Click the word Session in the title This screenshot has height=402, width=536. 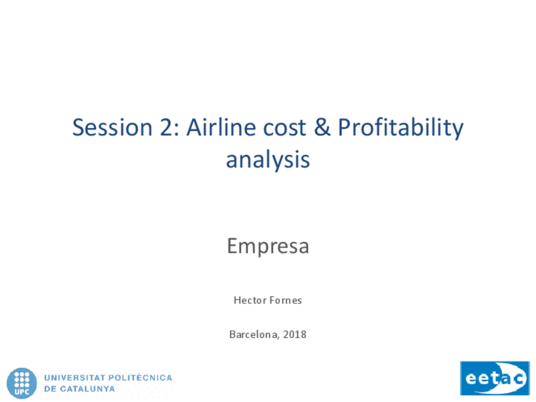click(113, 127)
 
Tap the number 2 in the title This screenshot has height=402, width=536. click(166, 127)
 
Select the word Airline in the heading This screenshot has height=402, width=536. click(221, 127)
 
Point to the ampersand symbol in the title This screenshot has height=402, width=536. click(322, 127)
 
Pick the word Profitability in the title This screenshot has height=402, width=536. click(401, 129)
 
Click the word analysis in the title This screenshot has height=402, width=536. click(268, 161)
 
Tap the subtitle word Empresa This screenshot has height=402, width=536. click(268, 247)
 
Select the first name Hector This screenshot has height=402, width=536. click(250, 300)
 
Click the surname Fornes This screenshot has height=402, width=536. click(286, 300)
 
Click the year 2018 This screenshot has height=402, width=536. click(295, 334)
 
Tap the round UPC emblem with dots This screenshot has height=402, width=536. click(21, 383)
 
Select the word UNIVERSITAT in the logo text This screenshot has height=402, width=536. click(75, 378)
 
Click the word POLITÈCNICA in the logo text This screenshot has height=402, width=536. click(140, 377)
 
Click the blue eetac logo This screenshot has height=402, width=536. click(495, 378)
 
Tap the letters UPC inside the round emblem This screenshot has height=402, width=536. click(21, 392)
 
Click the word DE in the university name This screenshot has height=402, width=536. click(51, 389)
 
